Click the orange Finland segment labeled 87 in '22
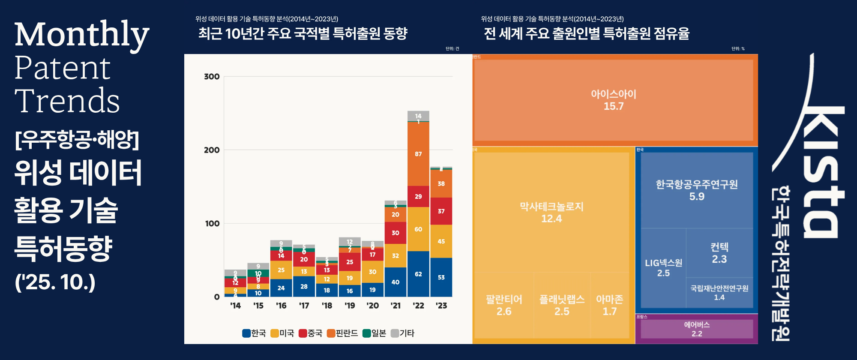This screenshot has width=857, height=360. click(x=418, y=154)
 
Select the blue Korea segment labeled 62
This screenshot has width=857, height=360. click(x=418, y=274)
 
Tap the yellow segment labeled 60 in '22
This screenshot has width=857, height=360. click(x=418, y=229)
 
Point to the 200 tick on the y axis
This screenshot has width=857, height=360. click(x=212, y=150)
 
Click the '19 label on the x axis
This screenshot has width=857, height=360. click(x=350, y=306)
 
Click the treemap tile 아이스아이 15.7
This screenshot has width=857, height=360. click(x=613, y=100)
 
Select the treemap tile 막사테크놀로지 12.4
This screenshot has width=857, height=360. click(x=551, y=212)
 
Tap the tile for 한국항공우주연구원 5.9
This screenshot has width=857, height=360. click(x=697, y=190)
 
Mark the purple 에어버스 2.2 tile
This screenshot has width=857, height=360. click(x=697, y=329)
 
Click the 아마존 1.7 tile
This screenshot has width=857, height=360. click(x=609, y=305)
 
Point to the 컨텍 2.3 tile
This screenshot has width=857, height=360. click(x=719, y=253)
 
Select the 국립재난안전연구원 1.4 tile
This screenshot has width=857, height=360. click(x=719, y=292)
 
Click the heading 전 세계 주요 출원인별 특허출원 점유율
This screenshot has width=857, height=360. click(x=586, y=33)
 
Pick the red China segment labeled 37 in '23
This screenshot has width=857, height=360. click(x=441, y=211)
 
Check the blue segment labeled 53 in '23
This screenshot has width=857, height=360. click(x=441, y=277)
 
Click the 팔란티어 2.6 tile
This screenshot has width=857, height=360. click(x=503, y=305)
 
